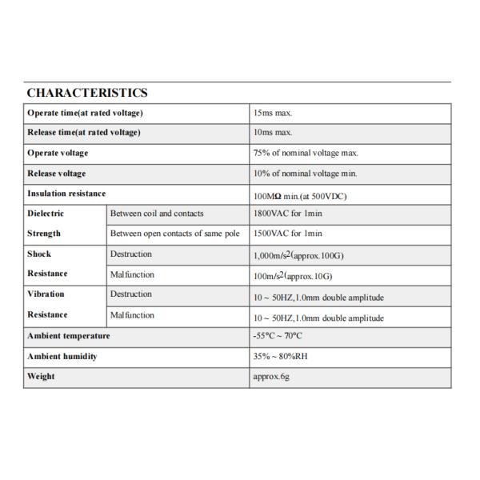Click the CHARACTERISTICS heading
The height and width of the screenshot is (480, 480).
pos(86,94)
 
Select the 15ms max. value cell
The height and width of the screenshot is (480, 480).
pos(273,114)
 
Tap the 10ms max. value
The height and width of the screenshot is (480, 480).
pos(273,133)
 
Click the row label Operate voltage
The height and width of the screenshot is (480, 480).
pos(58,153)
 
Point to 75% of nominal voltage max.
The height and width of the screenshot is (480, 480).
pos(305,153)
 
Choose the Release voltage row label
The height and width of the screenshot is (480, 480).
pos(56,173)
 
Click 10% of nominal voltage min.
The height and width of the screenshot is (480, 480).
pos(304,173)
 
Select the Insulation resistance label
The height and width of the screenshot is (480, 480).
pos(66,194)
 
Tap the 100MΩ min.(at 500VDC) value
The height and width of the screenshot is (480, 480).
pos(299,195)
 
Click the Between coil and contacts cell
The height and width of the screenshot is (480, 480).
pos(157,214)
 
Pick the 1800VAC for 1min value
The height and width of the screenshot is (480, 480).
pos(287,214)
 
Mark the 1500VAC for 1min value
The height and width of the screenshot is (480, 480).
pos(287,234)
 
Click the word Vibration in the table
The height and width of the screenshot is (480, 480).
pos(47,294)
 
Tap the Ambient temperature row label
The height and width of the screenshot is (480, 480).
pos(68,336)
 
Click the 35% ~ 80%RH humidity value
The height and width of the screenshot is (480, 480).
pos(280,357)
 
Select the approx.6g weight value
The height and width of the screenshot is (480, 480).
pos(270,376)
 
